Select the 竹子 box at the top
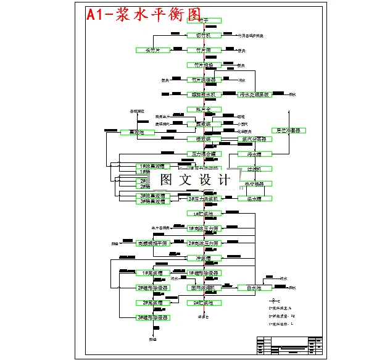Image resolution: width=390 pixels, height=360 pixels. coord(203,21)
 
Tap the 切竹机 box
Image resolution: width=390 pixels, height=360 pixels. coord(203,36)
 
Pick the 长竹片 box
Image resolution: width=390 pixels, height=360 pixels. coord(152,50)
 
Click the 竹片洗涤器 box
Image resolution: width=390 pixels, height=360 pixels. coord(203,80)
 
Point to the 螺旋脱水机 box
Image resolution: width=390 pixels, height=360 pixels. coord(203,94)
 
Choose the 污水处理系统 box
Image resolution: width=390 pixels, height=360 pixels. coord(254,94)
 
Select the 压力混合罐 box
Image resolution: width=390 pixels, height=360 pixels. coord(203,154)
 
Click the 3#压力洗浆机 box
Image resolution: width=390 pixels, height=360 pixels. coord(203,198)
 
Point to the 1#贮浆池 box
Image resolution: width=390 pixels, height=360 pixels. coord(203,214)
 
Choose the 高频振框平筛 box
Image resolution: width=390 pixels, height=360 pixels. coord(152,243)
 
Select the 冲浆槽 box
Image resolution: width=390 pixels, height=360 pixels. coord(203,258)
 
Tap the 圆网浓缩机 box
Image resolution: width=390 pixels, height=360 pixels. coord(203,288)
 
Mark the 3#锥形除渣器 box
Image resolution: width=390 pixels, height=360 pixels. coord(152,317)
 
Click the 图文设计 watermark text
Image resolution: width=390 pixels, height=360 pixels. coord(195,180)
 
